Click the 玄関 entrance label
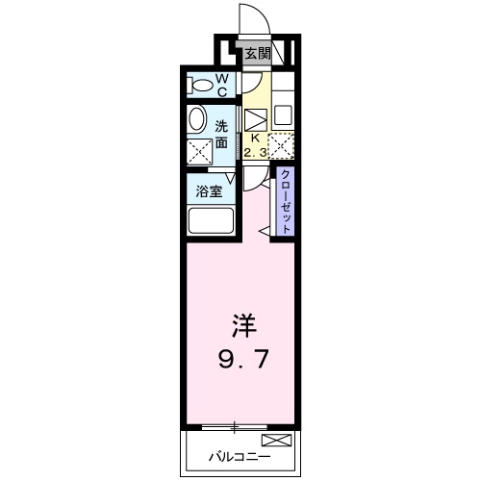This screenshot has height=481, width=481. [256, 54]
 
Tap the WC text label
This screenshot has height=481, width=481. [220, 85]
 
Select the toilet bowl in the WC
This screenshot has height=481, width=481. [201, 86]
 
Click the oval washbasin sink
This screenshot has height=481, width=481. [196, 119]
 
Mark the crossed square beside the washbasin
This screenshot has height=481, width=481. [198, 152]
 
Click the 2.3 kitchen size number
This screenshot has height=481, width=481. [256, 151]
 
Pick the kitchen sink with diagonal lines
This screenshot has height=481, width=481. [255, 120]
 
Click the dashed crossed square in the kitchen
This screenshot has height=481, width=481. [282, 146]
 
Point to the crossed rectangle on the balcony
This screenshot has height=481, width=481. [276, 442]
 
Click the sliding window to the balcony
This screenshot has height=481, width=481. [236, 425]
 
